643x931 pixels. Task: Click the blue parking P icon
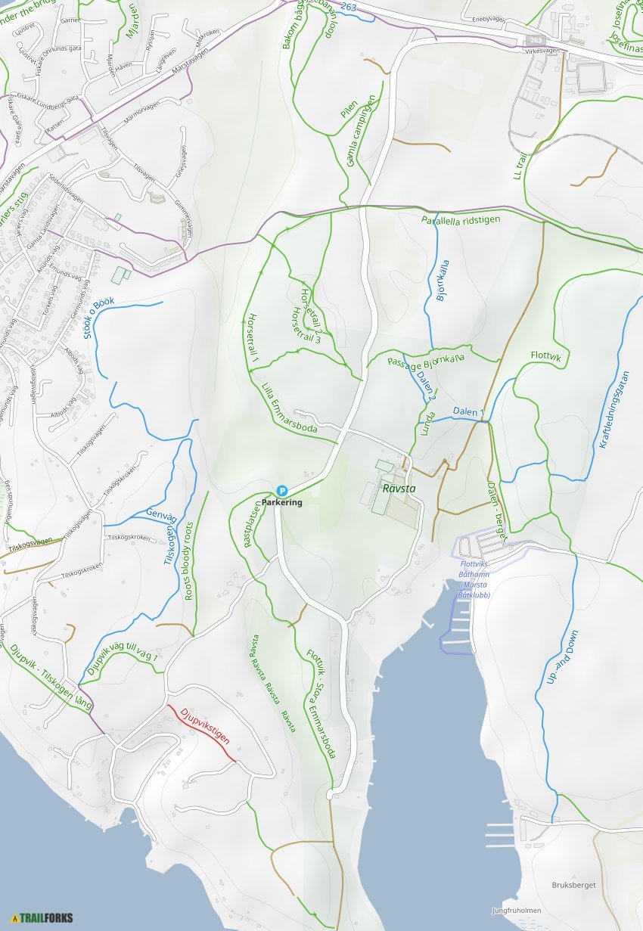tap(281, 491)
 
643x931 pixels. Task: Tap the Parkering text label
tap(282, 503)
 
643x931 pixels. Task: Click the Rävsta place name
tap(399, 489)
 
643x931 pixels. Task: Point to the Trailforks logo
tap(42, 918)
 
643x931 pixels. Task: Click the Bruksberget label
tap(573, 885)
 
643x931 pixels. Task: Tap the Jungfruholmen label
tap(516, 911)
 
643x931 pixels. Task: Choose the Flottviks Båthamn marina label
tap(474, 579)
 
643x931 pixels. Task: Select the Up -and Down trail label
tap(562, 657)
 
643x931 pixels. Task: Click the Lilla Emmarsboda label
tap(287, 409)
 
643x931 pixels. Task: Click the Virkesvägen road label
tap(540, 51)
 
